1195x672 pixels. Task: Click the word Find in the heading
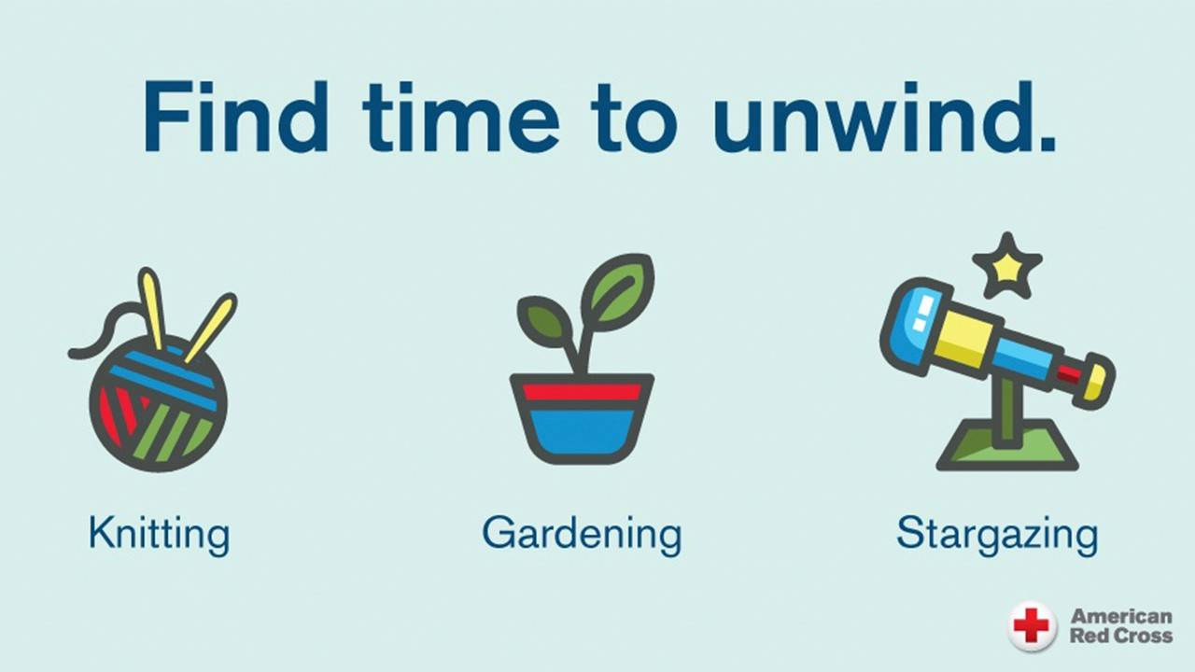pyautogui.click(x=235, y=117)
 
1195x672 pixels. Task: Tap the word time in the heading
pyautogui.click(x=460, y=117)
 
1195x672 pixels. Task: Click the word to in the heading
pyautogui.click(x=634, y=120)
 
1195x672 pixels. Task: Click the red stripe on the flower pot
pyautogui.click(x=582, y=392)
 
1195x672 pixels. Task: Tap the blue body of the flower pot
pyautogui.click(x=582, y=432)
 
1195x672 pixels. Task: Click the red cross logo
pyautogui.click(x=1032, y=626)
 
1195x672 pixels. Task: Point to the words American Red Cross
pyautogui.click(x=1121, y=626)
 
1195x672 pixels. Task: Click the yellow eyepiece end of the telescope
pyautogui.click(x=1096, y=382)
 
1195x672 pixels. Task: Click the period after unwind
pyautogui.click(x=1047, y=144)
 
